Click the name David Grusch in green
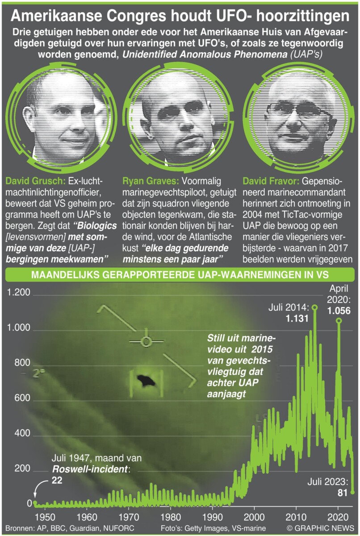click(35, 181)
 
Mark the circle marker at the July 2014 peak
click(315, 307)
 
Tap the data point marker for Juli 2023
click(353, 492)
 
